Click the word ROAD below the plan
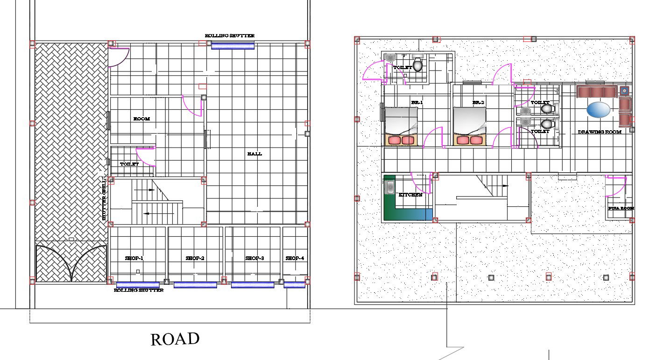click(175, 339)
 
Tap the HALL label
click(254, 154)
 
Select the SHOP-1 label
click(134, 258)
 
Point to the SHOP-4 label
click(295, 258)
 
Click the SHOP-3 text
click(255, 258)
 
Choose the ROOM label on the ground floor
click(141, 119)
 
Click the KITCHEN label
click(410, 195)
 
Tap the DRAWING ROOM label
click(600, 132)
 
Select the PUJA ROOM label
click(621, 208)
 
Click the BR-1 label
click(417, 103)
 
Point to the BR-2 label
click(478, 103)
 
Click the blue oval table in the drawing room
click(598, 110)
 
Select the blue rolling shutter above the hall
click(233, 46)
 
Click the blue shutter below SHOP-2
click(195, 285)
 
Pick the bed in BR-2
click(470, 126)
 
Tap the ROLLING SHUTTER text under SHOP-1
click(139, 290)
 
